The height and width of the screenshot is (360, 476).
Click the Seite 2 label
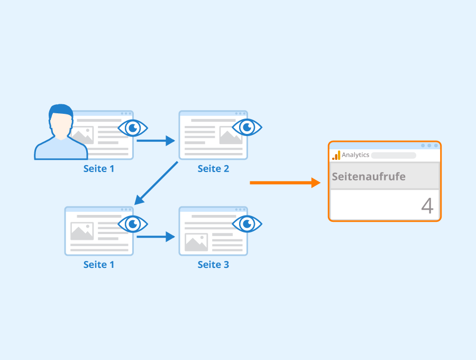coord(213,168)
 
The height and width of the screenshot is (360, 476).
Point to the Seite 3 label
coord(213,265)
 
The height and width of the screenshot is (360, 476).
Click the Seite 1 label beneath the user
coord(99,168)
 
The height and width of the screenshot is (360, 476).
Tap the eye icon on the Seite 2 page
coord(247,127)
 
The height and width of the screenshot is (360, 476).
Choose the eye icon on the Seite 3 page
coord(247,224)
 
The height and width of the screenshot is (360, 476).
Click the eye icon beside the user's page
coord(133,128)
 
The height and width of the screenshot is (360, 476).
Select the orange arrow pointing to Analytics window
coord(285,183)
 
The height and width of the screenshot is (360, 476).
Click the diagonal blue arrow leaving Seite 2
coord(156,183)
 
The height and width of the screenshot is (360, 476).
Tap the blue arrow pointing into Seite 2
coord(155,141)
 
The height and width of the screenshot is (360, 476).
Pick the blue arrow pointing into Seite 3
coord(155,237)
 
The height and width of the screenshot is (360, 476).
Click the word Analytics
coord(355,155)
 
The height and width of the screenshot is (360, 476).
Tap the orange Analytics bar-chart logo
coord(336,155)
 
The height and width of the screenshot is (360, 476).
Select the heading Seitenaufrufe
coord(369,176)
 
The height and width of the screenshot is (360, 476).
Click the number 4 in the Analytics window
coord(427,206)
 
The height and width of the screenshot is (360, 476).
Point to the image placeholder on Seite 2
coord(231,135)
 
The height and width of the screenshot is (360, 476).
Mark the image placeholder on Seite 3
coord(196,242)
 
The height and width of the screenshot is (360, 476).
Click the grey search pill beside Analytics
coord(393,156)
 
